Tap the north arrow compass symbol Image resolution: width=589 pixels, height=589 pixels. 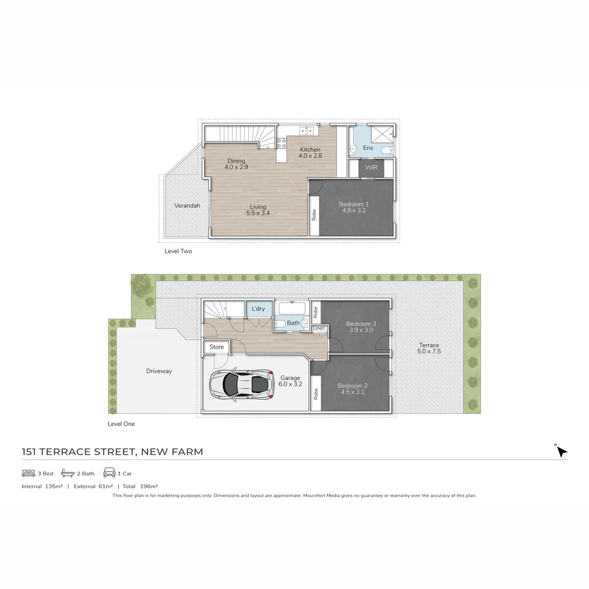(561, 451)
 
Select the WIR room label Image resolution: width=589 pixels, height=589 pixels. (371, 167)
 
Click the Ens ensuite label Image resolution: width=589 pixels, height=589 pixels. (368, 148)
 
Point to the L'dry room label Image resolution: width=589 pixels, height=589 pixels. (259, 309)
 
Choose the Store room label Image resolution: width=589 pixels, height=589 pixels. (217, 347)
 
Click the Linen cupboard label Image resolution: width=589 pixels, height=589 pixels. (319, 328)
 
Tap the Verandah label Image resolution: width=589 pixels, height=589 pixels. (187, 206)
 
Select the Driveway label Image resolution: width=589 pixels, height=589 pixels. (159, 371)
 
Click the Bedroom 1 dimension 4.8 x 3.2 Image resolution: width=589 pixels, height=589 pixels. (354, 211)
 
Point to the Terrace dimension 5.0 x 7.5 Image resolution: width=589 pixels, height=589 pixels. (429, 352)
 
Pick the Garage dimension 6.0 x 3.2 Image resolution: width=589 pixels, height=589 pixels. (291, 384)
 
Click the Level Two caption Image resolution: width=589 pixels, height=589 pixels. (178, 251)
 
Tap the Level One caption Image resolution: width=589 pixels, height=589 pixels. (121, 424)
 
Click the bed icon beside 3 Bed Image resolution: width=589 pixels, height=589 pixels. (28, 473)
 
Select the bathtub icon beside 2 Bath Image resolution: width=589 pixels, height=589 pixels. (68, 473)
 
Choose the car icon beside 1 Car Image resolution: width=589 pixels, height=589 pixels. (109, 473)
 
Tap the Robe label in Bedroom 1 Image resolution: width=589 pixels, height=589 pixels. (314, 215)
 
